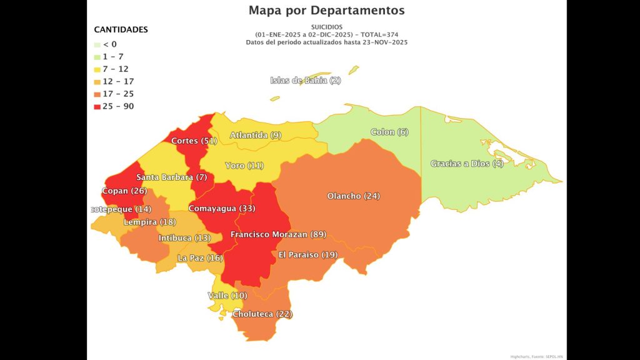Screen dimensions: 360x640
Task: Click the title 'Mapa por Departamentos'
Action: click(x=326, y=11)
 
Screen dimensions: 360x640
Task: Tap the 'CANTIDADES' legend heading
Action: click(x=121, y=29)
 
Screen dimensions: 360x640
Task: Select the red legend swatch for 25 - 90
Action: click(x=97, y=107)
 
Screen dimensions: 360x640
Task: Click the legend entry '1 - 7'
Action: click(x=113, y=57)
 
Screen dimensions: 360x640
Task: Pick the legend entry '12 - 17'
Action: click(x=118, y=82)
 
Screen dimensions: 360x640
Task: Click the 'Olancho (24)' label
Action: click(x=353, y=196)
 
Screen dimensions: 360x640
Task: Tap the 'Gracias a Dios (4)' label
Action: click(x=467, y=164)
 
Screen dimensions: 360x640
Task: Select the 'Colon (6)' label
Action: click(x=389, y=132)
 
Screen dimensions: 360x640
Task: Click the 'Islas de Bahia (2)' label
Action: click(x=306, y=81)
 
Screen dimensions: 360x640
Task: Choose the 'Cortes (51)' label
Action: click(x=194, y=141)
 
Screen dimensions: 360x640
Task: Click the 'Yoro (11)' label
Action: click(x=244, y=166)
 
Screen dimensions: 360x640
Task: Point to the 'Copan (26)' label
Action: click(x=124, y=191)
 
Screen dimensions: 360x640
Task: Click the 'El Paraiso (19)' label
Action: click(x=307, y=255)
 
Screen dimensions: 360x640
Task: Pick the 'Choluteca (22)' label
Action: click(x=262, y=314)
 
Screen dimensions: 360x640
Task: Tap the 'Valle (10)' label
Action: click(x=227, y=296)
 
